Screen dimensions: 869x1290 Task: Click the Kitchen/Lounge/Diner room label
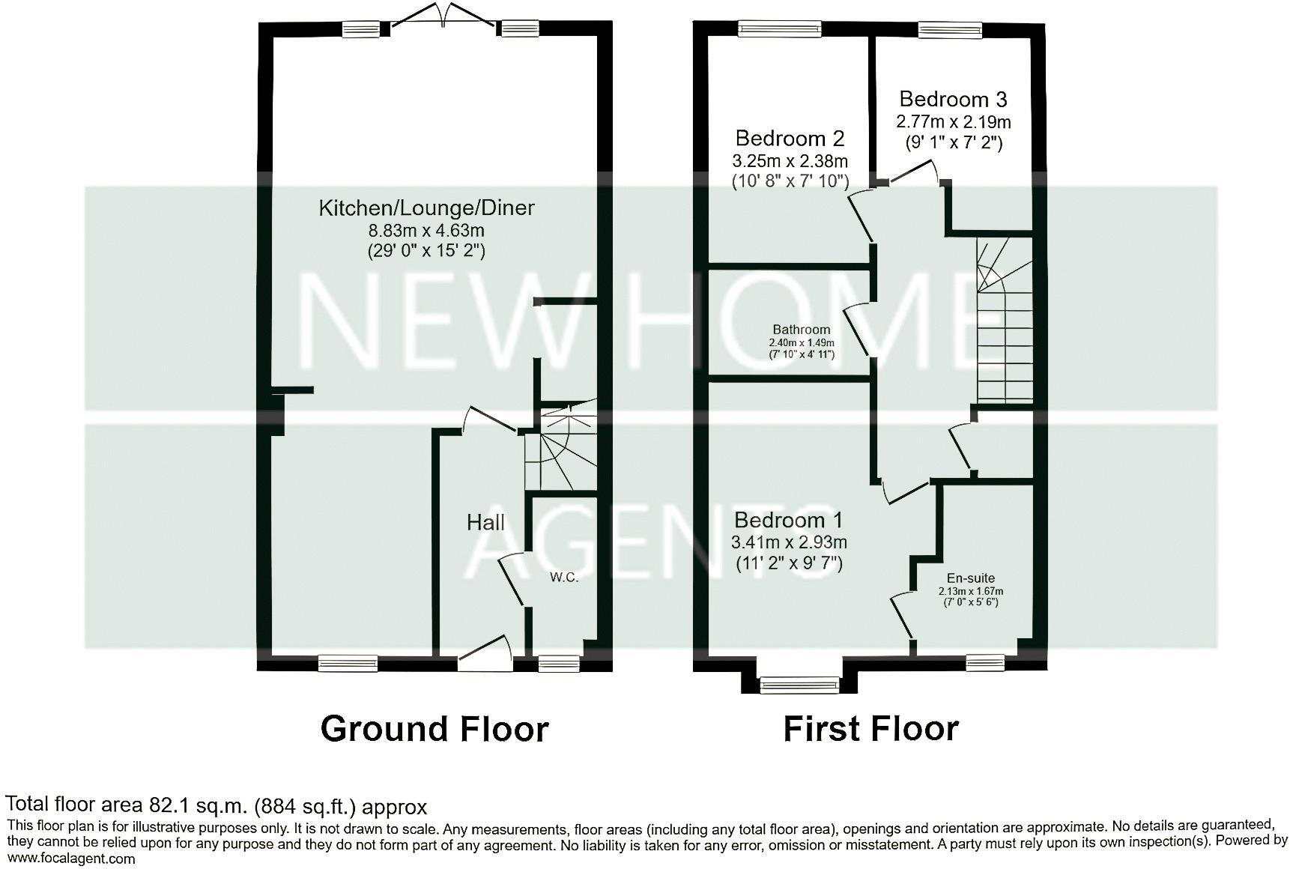click(426, 208)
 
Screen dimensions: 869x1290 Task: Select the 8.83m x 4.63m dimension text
click(426, 230)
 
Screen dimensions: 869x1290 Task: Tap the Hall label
click(485, 522)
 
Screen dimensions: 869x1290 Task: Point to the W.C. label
click(564, 577)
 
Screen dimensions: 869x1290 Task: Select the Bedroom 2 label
click(790, 138)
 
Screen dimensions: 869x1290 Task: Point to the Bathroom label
click(802, 330)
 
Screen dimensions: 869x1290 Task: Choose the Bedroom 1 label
click(788, 519)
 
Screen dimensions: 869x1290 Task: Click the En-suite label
click(971, 578)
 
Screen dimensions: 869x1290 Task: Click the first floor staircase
click(1005, 330)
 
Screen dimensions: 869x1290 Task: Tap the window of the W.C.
click(559, 661)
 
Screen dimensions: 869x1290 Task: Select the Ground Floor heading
click(434, 728)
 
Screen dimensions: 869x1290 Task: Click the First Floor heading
click(870, 728)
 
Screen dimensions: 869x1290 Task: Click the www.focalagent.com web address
click(71, 859)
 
